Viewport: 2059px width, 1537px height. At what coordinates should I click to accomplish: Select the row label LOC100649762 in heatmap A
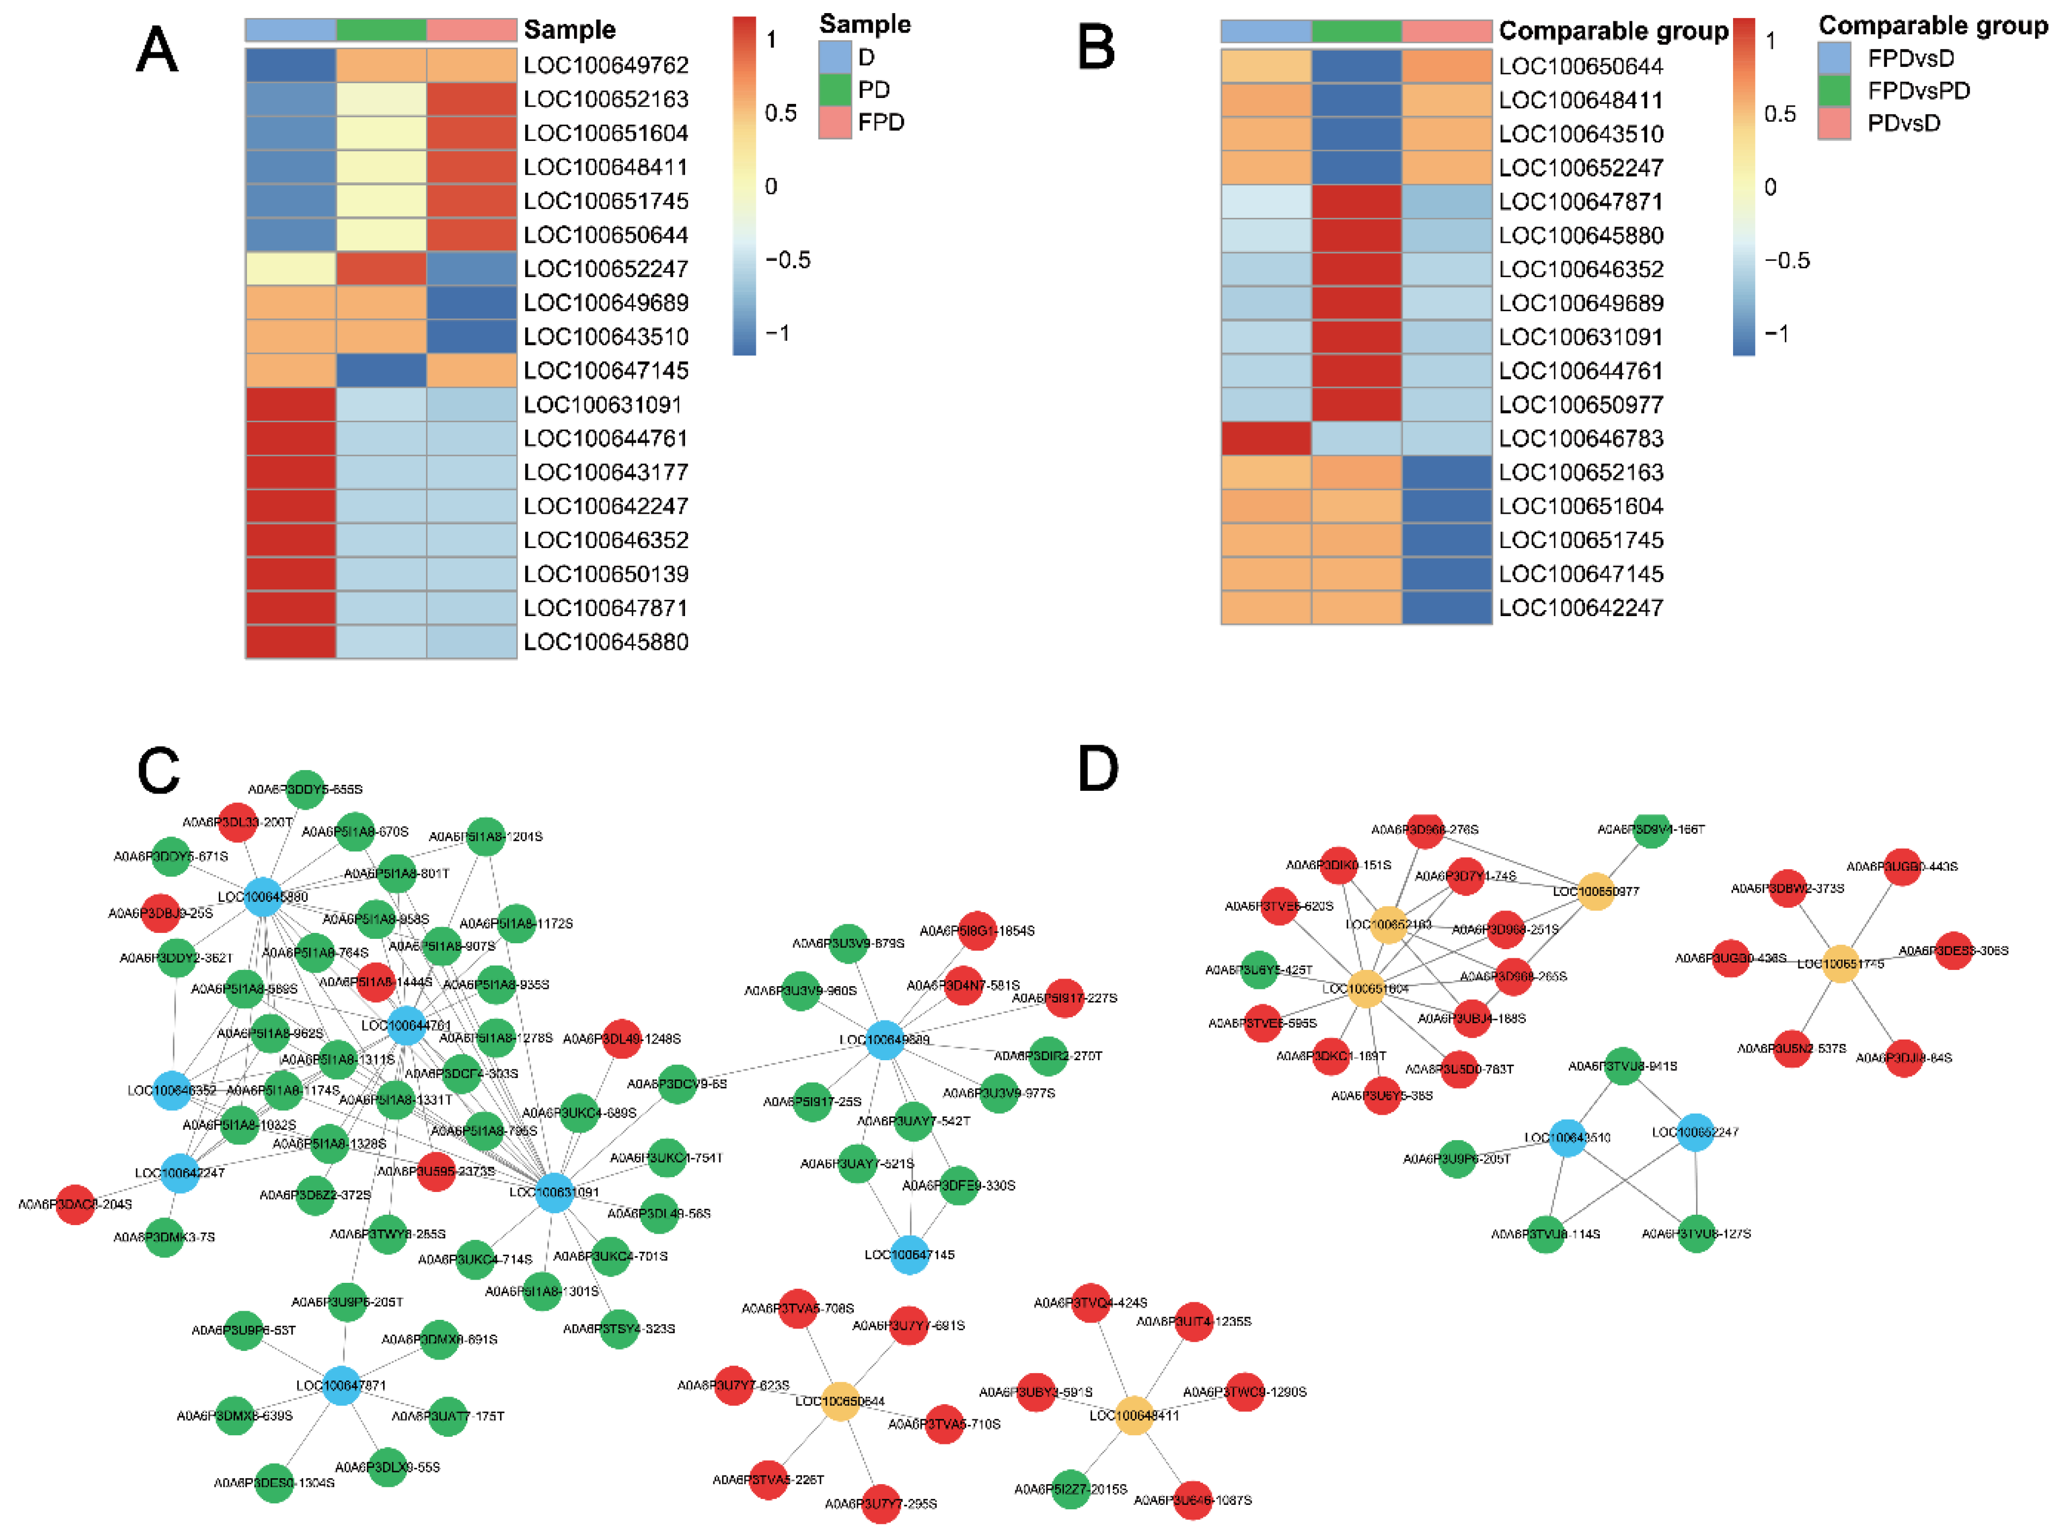(x=606, y=65)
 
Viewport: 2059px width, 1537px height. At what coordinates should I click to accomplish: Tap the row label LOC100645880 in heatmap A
(x=606, y=642)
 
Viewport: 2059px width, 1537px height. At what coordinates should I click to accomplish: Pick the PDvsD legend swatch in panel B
(x=1834, y=124)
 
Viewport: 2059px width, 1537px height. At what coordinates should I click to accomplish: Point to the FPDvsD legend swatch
(x=1834, y=58)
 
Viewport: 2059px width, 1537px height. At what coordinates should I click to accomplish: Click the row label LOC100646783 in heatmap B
(x=1581, y=438)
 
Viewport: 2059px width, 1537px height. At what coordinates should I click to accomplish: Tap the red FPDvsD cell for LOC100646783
(x=1266, y=438)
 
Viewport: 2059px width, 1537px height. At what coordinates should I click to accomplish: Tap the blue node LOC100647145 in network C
(x=910, y=1254)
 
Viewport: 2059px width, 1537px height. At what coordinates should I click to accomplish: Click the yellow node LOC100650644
(x=840, y=1401)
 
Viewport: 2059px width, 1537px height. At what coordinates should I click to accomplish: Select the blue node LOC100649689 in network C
(x=884, y=1039)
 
